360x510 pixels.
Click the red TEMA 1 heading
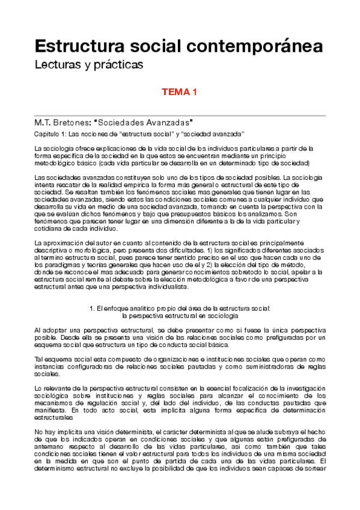(x=180, y=93)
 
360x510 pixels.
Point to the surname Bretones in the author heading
(x=75, y=122)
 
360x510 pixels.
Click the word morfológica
(x=93, y=250)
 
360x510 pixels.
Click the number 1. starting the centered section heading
(x=91, y=308)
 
